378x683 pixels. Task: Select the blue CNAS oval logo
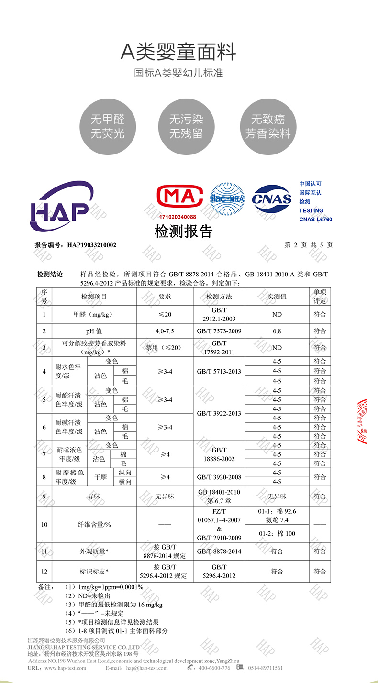click(x=272, y=199)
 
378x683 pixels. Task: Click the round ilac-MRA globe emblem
click(x=228, y=198)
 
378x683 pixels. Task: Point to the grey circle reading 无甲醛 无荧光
click(x=108, y=127)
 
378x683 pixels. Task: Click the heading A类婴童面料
click(x=178, y=52)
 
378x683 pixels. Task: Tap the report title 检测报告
click(x=183, y=232)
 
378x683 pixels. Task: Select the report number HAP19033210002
click(x=91, y=245)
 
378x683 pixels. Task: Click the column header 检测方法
click(x=219, y=297)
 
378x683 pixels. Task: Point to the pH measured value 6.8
click(x=277, y=331)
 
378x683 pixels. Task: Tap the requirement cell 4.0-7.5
click(x=165, y=331)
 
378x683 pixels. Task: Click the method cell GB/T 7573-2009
click(x=219, y=331)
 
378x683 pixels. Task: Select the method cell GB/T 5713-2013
click(x=219, y=371)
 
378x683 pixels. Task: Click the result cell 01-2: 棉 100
click(x=277, y=533)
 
